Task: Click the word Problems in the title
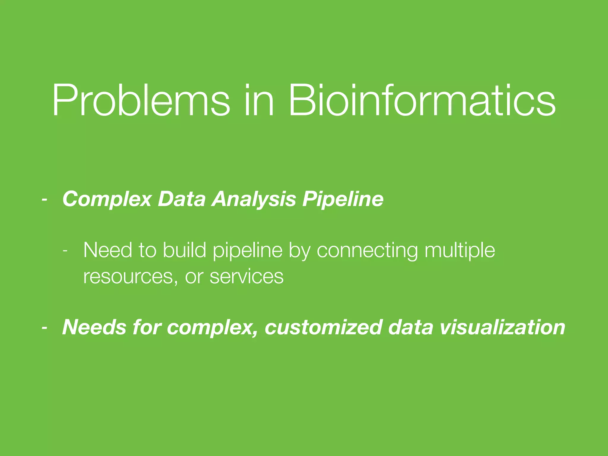pos(141,101)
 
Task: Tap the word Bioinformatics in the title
pos(422,101)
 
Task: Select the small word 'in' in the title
pos(258,101)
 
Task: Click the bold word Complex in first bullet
pos(107,199)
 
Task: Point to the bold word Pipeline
pos(343,199)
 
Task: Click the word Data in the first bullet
pos(182,199)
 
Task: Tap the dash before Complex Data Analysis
pos(45,199)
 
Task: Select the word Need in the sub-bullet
pos(107,250)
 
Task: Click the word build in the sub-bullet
pos(184,250)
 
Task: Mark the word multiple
pos(460,250)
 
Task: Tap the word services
pos(246,277)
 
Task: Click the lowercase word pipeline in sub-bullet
pos(248,250)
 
